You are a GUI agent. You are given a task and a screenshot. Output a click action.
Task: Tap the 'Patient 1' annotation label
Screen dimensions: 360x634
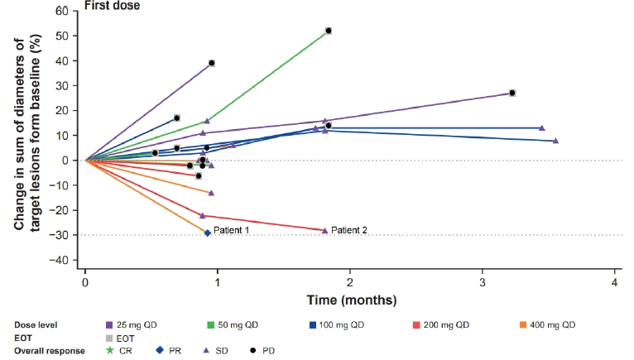tap(231, 229)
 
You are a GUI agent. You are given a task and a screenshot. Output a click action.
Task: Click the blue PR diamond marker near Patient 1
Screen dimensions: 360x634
tap(208, 233)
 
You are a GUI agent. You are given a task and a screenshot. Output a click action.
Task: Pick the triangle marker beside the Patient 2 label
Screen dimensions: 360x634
tap(324, 230)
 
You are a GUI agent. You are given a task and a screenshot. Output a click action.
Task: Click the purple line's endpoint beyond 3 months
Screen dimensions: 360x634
tap(512, 93)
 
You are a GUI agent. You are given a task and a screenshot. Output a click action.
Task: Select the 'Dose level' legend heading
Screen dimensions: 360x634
tap(37, 325)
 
